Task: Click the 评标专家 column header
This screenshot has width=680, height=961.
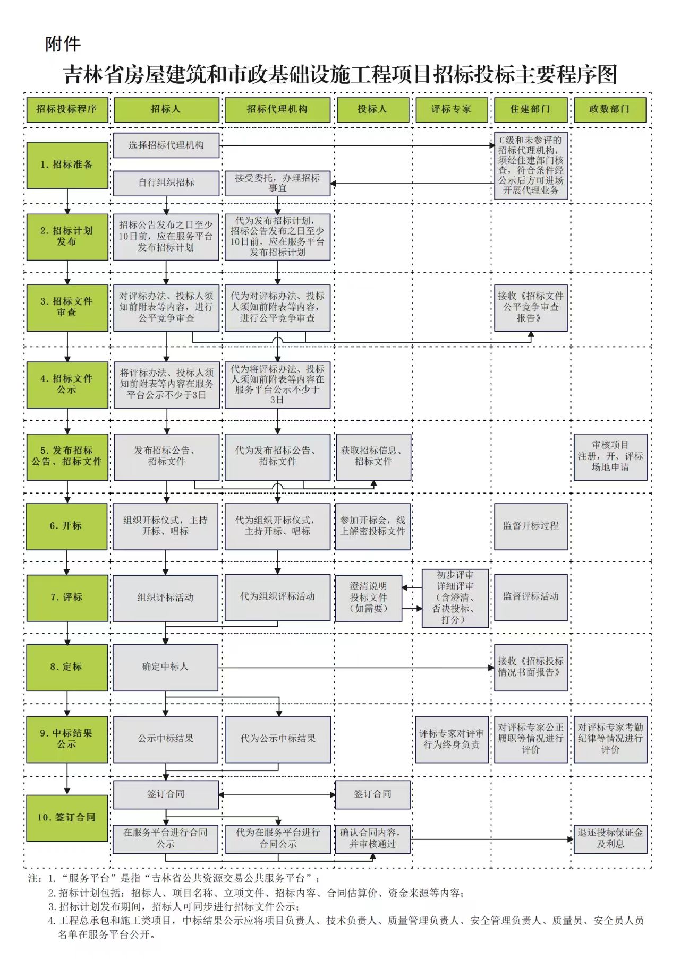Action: (451, 109)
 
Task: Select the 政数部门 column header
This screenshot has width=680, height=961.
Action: (609, 109)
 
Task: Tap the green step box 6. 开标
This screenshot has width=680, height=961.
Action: (66, 526)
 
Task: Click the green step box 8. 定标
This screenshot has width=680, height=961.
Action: (66, 667)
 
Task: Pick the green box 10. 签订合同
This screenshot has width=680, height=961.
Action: (66, 818)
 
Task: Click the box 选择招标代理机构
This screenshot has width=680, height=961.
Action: (166, 145)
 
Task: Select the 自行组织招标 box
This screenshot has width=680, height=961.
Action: (166, 183)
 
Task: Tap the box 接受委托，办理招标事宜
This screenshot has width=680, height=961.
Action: (277, 183)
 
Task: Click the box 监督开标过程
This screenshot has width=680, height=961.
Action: (531, 526)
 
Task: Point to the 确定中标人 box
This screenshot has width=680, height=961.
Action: (165, 667)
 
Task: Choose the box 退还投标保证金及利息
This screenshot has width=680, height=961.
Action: (610, 838)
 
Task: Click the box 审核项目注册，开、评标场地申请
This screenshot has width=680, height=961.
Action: (610, 457)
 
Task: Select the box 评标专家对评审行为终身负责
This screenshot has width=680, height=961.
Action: (451, 739)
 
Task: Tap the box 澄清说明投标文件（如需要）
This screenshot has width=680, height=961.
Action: (368, 598)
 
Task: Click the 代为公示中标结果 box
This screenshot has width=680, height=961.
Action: (277, 739)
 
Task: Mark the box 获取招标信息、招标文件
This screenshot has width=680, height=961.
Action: (373, 457)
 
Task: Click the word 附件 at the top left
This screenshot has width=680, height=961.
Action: (63, 44)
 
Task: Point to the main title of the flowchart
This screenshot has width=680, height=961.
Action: (340, 75)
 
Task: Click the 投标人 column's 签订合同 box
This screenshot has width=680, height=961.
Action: (373, 794)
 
